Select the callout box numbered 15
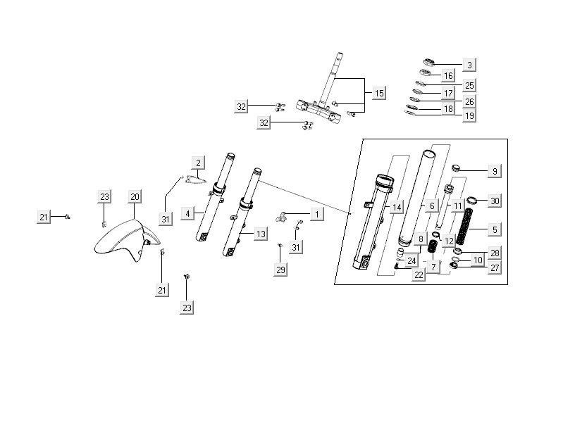pos(378,93)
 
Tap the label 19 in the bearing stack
pos(469,115)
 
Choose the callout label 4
pos(187,213)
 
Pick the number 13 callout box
pos(261,234)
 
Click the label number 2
pos(199,163)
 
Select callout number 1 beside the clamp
pos(316,213)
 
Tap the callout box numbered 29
pos(281,270)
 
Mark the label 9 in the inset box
pos(494,171)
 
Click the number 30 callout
pos(494,201)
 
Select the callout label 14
pos(397,207)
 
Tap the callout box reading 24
pos(412,260)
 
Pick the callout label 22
pos(419,274)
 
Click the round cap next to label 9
pos(455,169)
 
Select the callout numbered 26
pos(469,101)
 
